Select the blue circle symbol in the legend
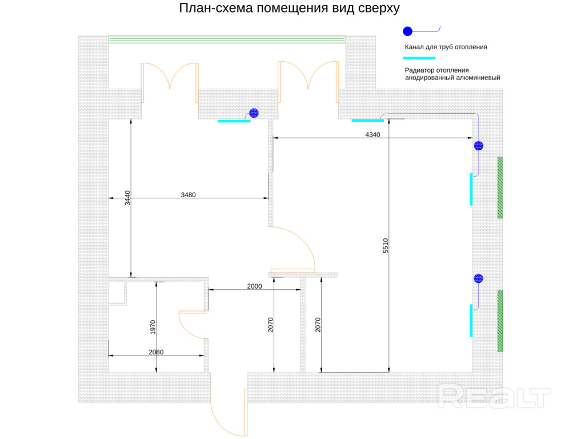407,31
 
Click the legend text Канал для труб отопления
446,47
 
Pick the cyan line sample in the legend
419,58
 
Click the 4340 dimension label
372,135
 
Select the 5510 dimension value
386,245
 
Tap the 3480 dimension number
188,195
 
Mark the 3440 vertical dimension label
127,198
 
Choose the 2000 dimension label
254,286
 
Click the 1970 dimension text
153,327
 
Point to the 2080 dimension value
156,352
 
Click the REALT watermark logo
494,396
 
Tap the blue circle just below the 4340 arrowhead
478,146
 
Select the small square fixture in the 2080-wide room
117,293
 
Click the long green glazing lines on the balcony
227,39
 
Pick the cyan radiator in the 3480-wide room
234,121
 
